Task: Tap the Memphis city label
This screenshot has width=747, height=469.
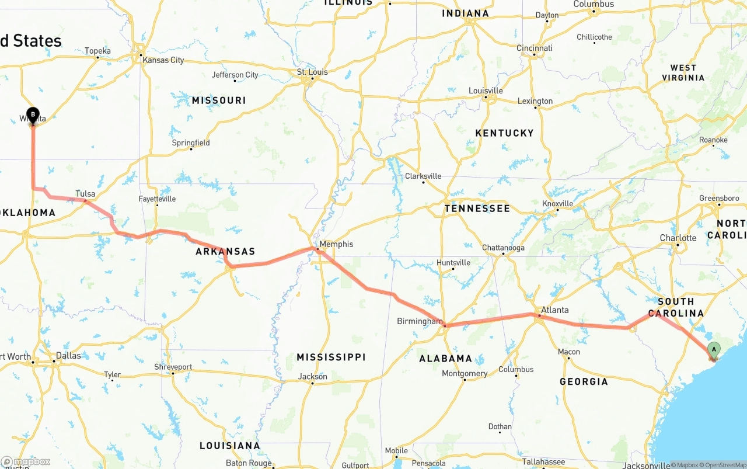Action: tap(336, 244)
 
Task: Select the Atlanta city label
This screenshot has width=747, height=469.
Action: tap(554, 310)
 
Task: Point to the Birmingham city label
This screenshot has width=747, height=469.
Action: tap(420, 321)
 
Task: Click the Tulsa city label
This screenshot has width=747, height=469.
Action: tap(85, 194)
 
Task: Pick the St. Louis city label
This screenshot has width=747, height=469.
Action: tap(312, 72)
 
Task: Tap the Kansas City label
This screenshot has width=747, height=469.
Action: tap(163, 60)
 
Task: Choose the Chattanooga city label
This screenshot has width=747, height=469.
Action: tap(503, 248)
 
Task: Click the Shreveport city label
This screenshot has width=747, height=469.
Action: tap(173, 367)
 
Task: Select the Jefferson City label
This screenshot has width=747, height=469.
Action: tap(235, 75)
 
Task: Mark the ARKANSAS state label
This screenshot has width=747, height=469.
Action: tap(225, 252)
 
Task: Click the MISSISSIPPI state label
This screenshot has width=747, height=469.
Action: tap(331, 357)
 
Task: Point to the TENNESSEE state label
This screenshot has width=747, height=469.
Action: tap(477, 209)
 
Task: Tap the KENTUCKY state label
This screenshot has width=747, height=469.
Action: tap(504, 133)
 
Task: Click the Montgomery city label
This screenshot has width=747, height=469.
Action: tap(465, 374)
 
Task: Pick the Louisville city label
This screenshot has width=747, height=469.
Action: tap(486, 91)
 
